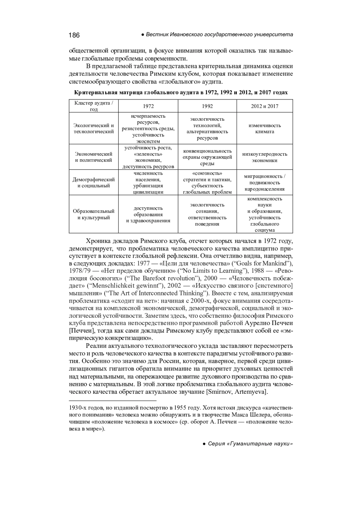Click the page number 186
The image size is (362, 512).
click(74, 35)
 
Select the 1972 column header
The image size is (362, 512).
click(148, 106)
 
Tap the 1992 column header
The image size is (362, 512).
click(207, 106)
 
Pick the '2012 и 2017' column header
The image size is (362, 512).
click(265, 106)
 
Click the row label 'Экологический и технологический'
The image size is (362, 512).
click(94, 129)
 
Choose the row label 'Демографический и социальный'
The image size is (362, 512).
click(94, 183)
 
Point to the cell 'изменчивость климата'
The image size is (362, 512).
click(265, 129)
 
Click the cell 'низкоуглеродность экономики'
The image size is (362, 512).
click(265, 157)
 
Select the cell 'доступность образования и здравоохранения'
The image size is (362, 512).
click(148, 215)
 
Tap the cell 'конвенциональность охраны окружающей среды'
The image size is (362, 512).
click(207, 157)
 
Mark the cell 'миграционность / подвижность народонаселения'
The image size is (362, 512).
click(265, 183)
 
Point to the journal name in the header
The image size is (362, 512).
click(219, 35)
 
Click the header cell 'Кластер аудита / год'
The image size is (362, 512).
click(94, 106)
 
